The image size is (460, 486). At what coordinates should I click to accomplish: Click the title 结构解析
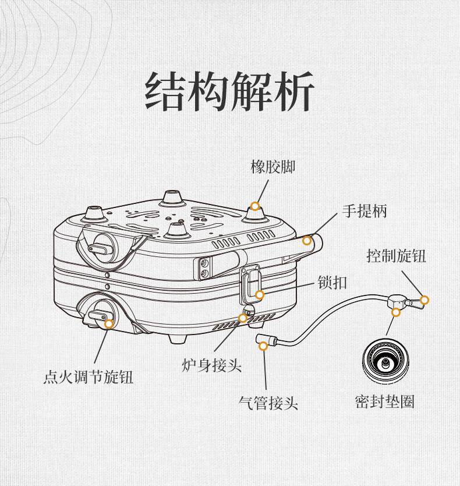(229, 91)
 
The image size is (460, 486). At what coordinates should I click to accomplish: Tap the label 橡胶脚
(273, 167)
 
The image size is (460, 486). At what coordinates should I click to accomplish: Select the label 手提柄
(364, 210)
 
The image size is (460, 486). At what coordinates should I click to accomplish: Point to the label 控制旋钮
(396, 255)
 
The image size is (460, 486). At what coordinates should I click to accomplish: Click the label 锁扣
(332, 283)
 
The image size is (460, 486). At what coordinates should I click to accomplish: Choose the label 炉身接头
(211, 365)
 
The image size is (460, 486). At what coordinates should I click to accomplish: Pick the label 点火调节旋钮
(89, 377)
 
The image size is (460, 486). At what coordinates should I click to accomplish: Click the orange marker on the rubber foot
(255, 206)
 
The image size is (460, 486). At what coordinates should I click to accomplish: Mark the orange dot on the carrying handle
(307, 240)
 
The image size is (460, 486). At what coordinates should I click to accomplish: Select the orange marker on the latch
(260, 295)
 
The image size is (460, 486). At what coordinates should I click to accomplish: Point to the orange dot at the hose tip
(263, 346)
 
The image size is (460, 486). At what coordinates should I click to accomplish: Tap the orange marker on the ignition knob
(108, 323)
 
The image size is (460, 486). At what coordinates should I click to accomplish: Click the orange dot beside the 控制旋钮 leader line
(424, 300)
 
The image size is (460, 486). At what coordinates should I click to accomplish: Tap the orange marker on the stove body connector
(243, 318)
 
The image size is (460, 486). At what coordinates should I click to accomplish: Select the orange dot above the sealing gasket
(396, 312)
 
